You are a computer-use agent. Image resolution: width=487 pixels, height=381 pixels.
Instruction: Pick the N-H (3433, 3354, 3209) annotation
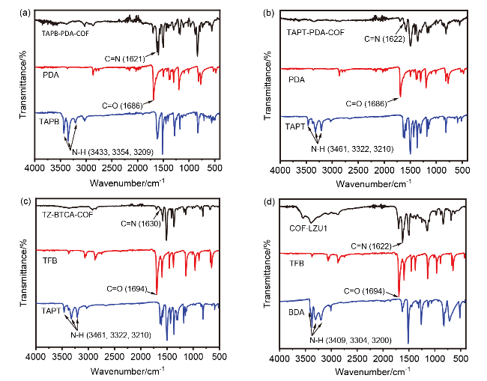(x=115, y=152)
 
